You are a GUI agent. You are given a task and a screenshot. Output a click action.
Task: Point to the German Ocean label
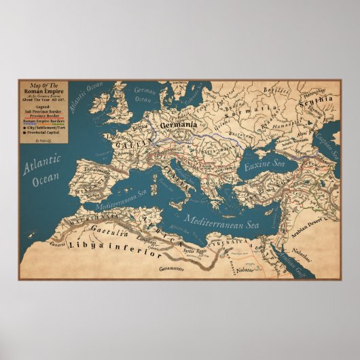point(145,94)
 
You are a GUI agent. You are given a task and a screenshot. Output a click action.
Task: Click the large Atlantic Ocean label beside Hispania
point(41,173)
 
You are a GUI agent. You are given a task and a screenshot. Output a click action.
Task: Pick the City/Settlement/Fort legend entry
point(47,126)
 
